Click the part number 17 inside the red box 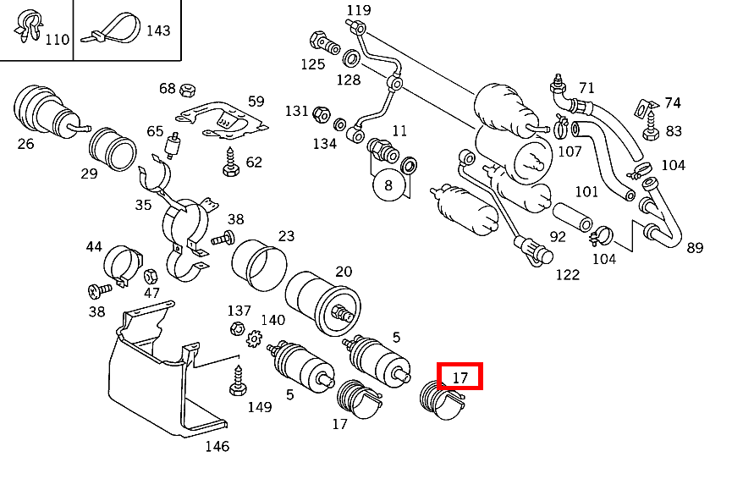click(x=460, y=377)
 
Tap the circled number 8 click(x=388, y=185)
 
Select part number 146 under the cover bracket click(x=217, y=446)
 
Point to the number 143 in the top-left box click(x=158, y=30)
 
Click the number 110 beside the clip click(x=57, y=39)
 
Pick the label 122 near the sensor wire click(x=567, y=274)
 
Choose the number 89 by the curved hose click(x=695, y=247)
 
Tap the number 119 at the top click(x=359, y=10)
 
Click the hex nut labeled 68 click(x=190, y=88)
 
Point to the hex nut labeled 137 click(x=238, y=328)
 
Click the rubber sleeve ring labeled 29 click(x=114, y=149)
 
